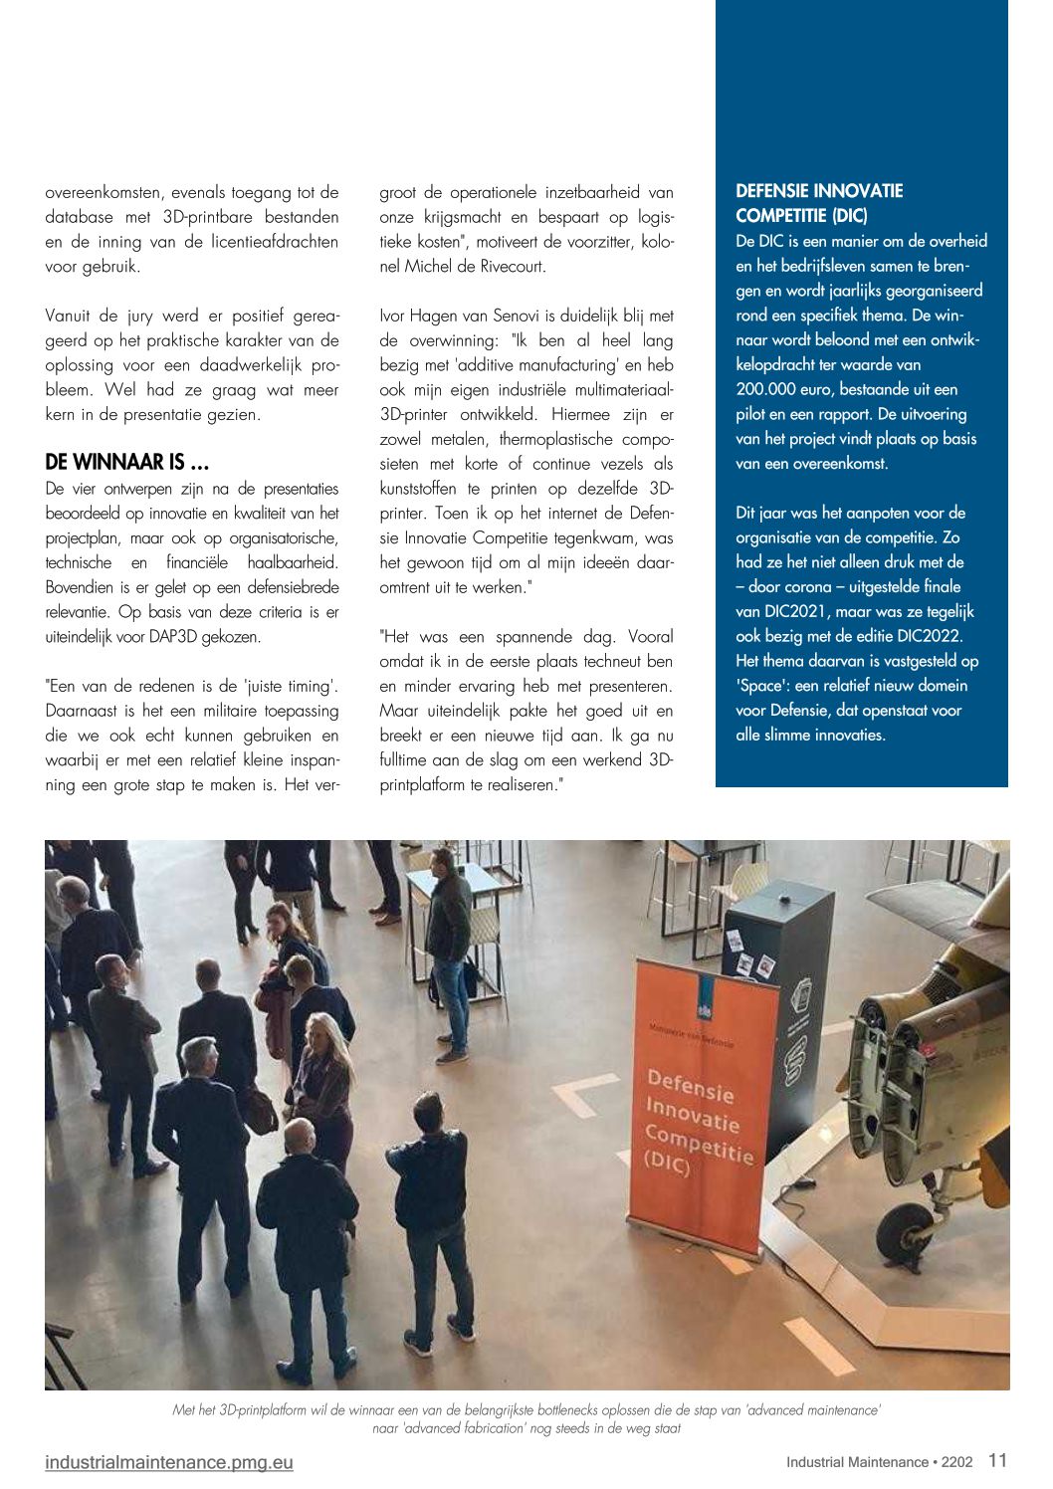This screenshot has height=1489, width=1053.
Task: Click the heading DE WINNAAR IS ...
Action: click(x=127, y=462)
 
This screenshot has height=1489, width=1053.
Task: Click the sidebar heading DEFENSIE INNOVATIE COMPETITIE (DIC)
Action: click(x=819, y=203)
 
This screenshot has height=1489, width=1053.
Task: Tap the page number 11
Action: click(x=997, y=1460)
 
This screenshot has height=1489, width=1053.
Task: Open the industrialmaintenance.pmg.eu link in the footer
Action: click(x=169, y=1462)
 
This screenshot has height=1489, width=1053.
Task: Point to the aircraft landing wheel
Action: click(x=908, y=1232)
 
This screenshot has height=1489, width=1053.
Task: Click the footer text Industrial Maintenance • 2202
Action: click(x=879, y=1462)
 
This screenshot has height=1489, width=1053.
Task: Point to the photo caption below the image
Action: click(x=526, y=1418)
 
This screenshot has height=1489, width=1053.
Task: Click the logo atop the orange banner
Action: click(x=704, y=1010)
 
